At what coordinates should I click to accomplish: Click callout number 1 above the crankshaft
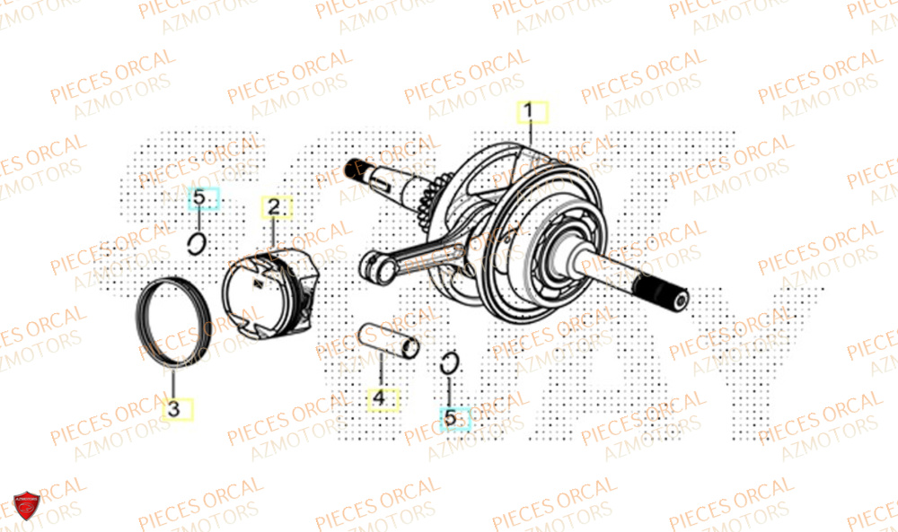pos(530,112)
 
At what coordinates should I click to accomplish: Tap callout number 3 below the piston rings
pos(175,409)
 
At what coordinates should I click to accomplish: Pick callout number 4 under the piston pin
pos(380,397)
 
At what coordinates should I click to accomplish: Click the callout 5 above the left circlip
pos(202,197)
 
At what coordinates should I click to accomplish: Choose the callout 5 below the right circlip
pos(452,416)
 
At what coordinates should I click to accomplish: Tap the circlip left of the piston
pos(198,242)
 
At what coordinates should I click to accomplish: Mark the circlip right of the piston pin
pos(451,363)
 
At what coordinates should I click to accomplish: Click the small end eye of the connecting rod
pos(374,266)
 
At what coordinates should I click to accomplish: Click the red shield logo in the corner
pos(25,508)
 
